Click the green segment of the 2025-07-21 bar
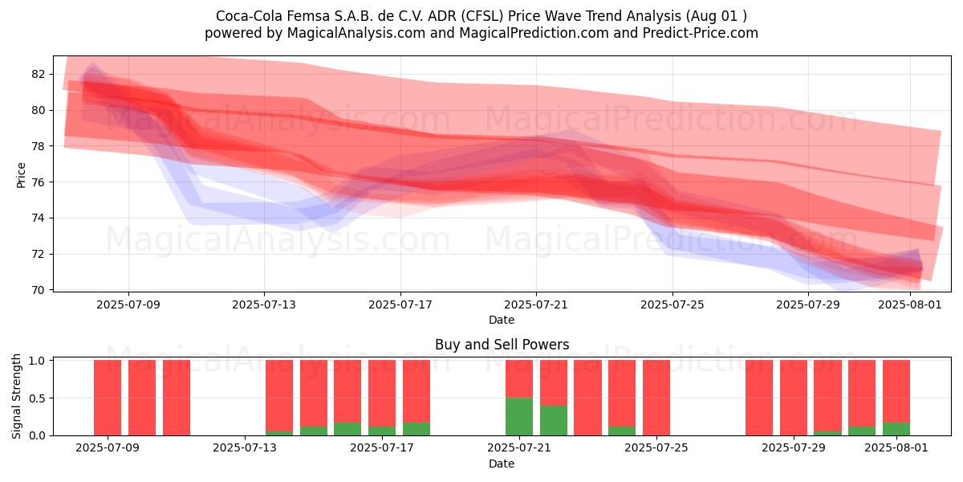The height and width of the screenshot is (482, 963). coord(519,417)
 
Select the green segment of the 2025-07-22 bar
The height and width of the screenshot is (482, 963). coord(553,420)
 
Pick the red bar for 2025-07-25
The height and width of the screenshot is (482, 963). coord(656,398)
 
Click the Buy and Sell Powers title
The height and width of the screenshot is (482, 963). coord(502,345)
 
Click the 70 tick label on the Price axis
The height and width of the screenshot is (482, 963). coord(38,290)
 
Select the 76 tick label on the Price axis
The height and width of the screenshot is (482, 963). coord(38,182)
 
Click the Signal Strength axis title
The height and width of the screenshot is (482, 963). coord(16,396)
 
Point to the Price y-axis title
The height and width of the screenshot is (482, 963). coord(21,175)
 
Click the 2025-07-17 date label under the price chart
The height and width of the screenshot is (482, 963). coord(400,304)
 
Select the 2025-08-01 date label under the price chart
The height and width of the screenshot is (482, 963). coord(910,304)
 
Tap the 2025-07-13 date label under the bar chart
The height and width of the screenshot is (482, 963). coord(245,447)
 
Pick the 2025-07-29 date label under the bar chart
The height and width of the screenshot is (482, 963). coord(794,447)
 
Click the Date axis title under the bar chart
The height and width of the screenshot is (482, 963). coord(502,464)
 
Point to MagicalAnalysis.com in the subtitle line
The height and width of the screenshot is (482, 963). coord(356,33)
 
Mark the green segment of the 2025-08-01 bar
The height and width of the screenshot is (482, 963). coord(896,429)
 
